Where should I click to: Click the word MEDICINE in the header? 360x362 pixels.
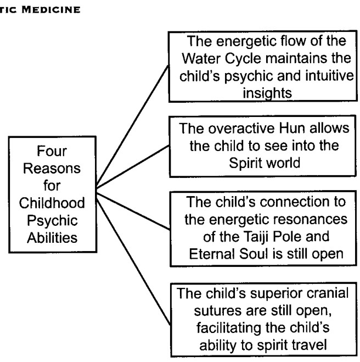click(x=51, y=10)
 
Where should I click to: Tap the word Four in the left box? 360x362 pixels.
click(x=52, y=151)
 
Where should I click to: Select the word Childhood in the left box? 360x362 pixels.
click(x=52, y=203)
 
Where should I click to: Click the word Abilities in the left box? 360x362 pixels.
click(x=52, y=237)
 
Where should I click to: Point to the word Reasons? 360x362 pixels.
click(x=52, y=168)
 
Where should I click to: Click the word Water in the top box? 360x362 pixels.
click(x=202, y=58)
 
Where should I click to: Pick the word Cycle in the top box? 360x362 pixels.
click(x=243, y=58)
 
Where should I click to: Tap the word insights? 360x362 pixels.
click(x=267, y=93)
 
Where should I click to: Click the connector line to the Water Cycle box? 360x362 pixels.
click(x=132, y=126)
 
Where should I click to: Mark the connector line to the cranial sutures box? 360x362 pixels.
click(x=133, y=261)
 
